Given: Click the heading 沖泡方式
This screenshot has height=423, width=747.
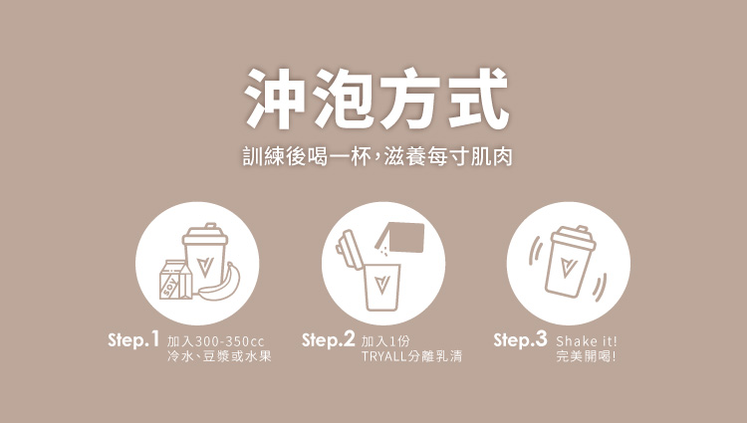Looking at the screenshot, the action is (x=376, y=99).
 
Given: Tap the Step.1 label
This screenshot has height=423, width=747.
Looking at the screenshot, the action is (x=132, y=339).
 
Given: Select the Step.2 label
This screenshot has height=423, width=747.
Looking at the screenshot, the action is (x=329, y=339).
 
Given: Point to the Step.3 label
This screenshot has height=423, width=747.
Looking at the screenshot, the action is (x=520, y=339).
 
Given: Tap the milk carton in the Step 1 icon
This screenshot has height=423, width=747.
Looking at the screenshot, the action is (x=175, y=280).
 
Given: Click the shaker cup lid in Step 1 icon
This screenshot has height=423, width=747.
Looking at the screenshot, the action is (x=205, y=233).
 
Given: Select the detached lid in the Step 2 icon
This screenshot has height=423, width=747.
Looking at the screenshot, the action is (x=351, y=250).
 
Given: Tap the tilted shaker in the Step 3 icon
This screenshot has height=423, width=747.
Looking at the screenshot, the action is (x=569, y=262).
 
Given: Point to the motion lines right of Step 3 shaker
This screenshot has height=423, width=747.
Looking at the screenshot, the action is (x=601, y=288).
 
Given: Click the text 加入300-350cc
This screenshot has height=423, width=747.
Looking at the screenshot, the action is (x=215, y=341).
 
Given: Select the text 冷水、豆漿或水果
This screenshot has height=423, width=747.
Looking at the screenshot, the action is (x=219, y=356).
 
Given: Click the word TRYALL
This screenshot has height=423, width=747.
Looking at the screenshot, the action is (x=384, y=356).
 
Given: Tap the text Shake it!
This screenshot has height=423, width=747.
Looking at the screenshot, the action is (x=587, y=341).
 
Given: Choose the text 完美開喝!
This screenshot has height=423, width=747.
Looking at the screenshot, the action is (x=586, y=356).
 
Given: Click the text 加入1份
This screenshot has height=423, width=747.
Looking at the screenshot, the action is (x=385, y=341).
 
